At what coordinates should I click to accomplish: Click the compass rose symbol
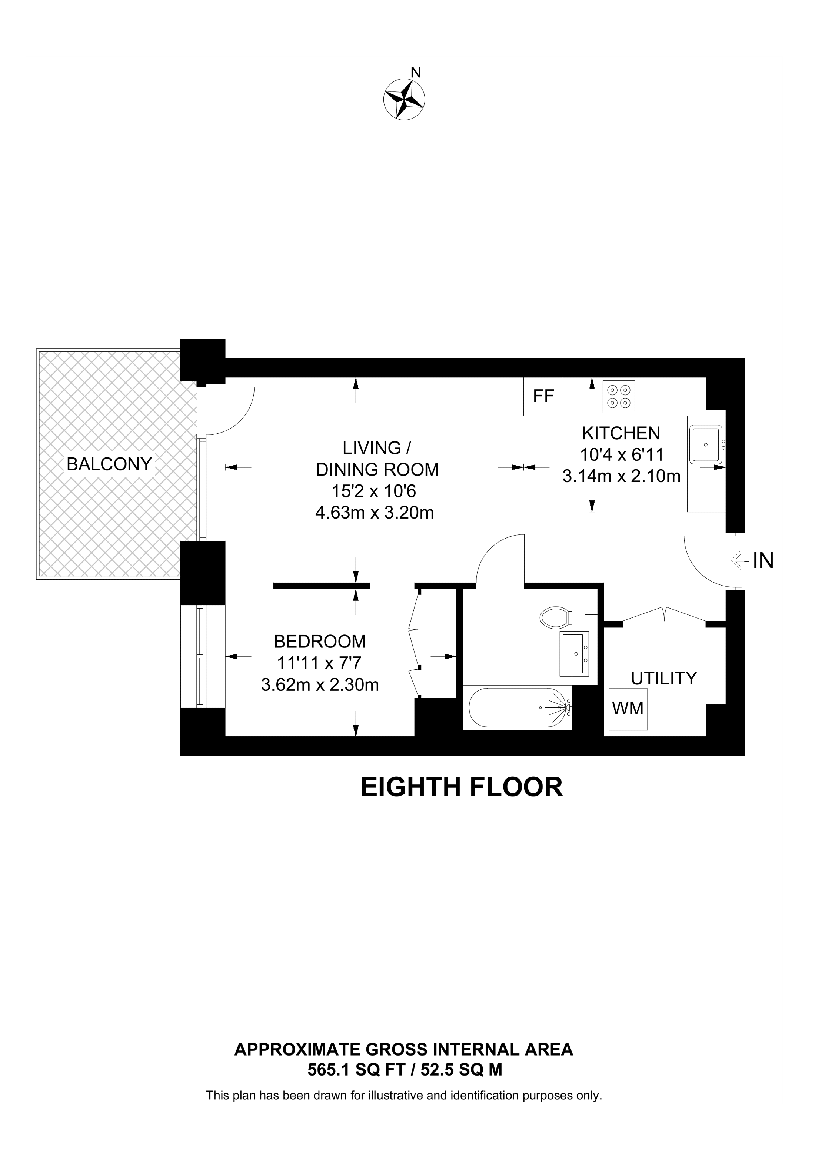[404, 99]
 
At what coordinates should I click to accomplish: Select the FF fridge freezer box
[543, 397]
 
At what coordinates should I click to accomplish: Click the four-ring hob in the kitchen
[619, 396]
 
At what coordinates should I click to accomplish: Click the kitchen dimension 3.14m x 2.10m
[621, 476]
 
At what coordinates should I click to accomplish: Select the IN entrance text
[763, 561]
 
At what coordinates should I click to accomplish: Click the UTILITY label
[664, 679]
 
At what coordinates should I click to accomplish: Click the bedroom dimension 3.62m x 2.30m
[320, 685]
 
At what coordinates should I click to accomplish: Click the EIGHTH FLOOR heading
[462, 787]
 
